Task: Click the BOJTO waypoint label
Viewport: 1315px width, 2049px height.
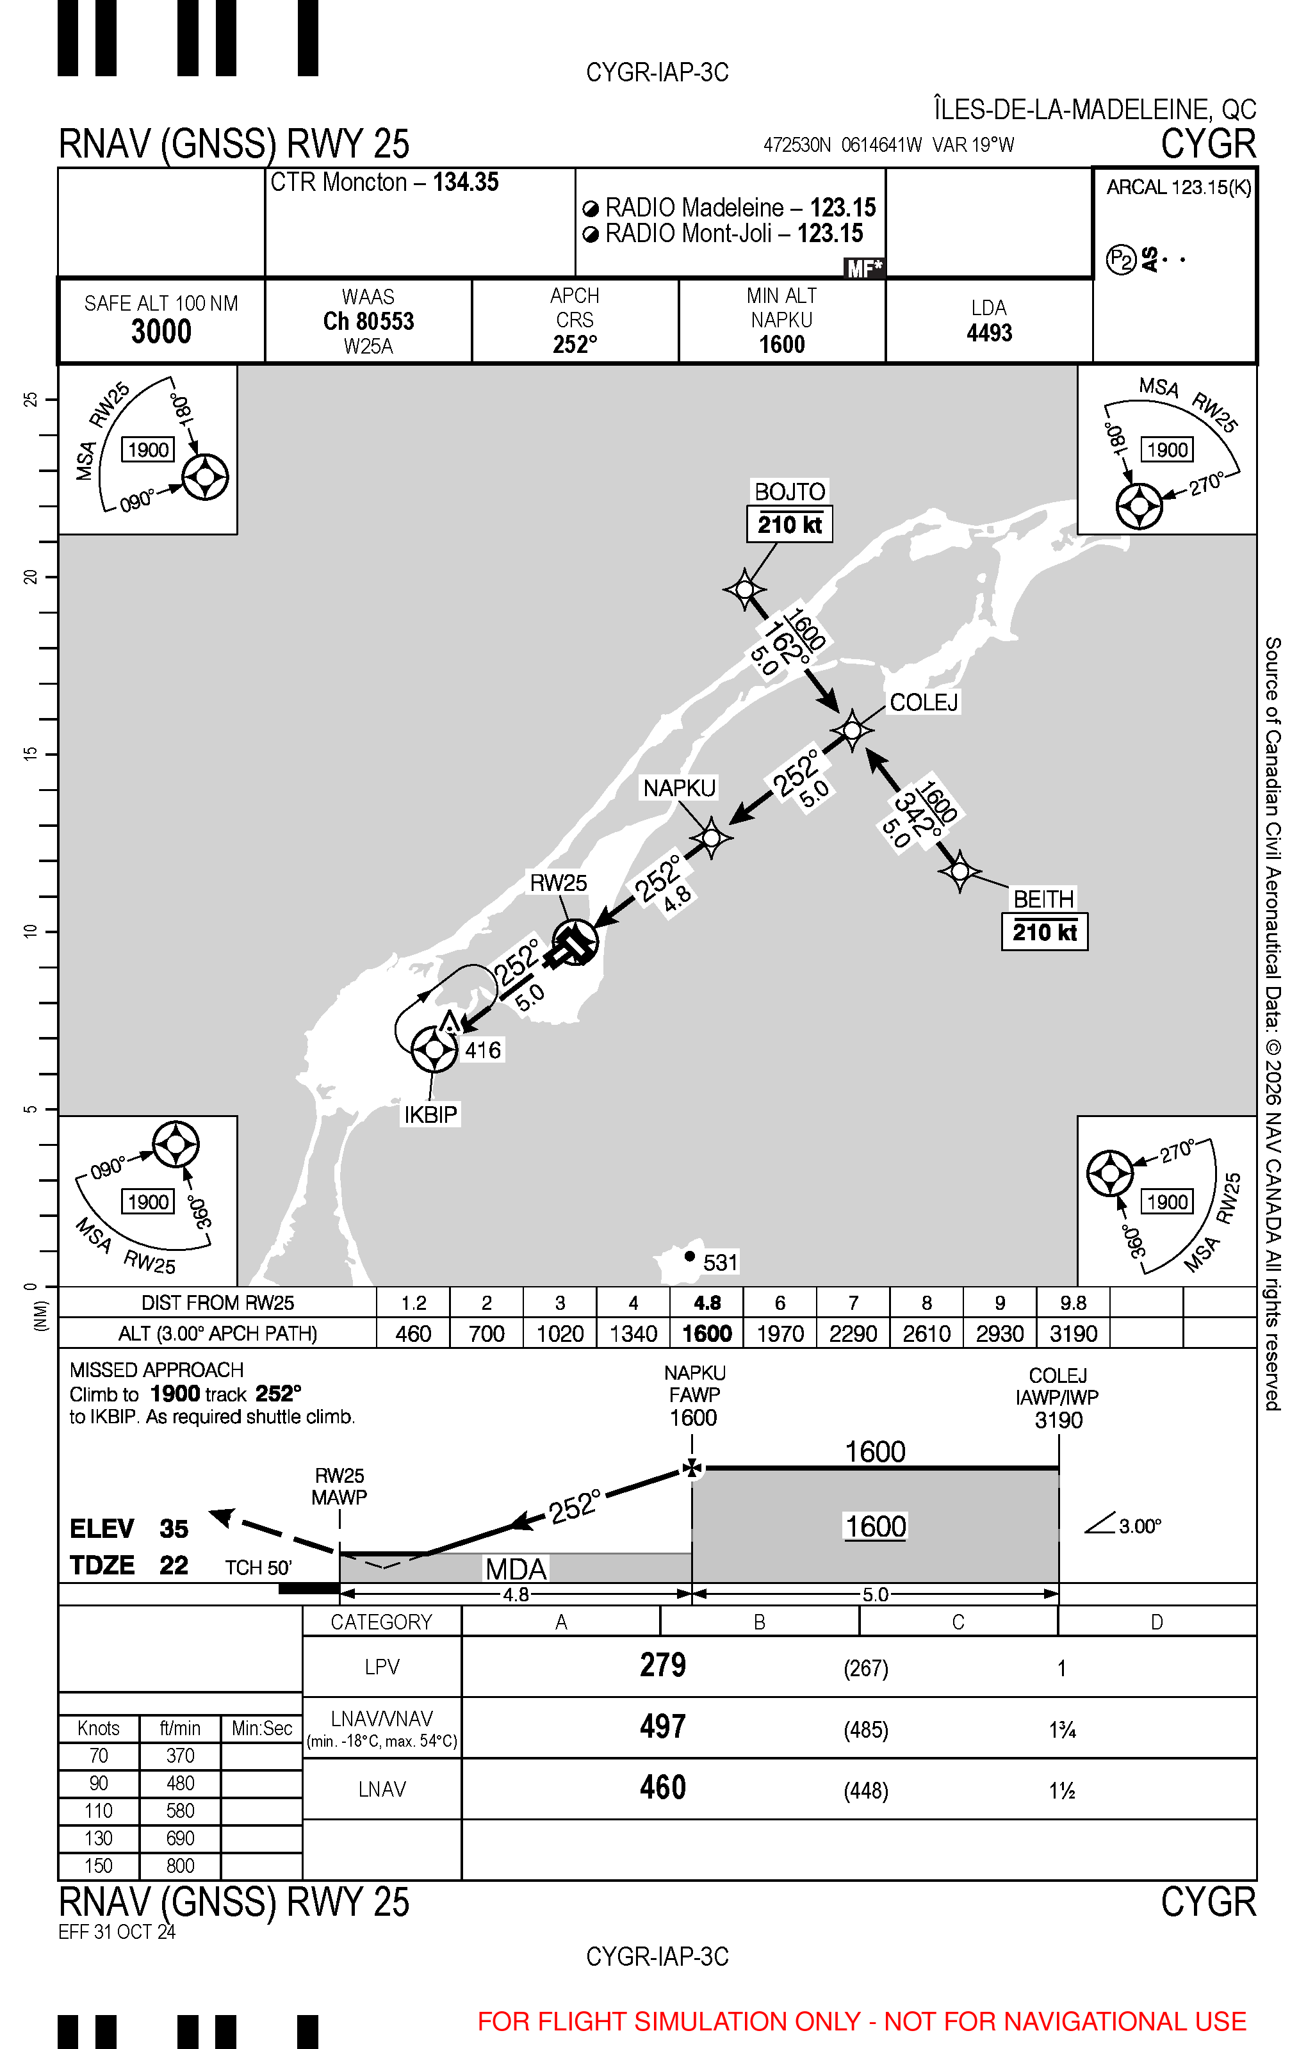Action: [x=790, y=492]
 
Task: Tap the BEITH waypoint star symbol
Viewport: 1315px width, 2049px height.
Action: [x=960, y=871]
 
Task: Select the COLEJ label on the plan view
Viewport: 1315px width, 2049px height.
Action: [x=924, y=702]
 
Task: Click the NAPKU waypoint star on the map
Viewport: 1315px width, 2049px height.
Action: [x=710, y=838]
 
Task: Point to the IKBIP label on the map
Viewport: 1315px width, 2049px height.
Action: [x=430, y=1114]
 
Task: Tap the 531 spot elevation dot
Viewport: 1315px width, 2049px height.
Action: [x=690, y=1256]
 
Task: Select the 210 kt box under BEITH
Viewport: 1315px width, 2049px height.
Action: [x=1044, y=931]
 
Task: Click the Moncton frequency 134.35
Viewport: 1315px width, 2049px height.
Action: [x=466, y=182]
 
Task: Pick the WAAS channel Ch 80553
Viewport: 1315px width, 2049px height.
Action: [x=368, y=321]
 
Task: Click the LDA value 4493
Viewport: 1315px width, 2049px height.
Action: [x=989, y=333]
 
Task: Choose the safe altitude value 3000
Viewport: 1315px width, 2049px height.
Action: [x=161, y=331]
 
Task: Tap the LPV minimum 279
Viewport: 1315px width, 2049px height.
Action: [x=662, y=1666]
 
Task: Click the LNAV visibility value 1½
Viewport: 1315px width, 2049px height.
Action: [x=1061, y=1790]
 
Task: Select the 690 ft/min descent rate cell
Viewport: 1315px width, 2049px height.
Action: [x=180, y=1838]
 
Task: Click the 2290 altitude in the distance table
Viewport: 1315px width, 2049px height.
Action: [x=853, y=1334]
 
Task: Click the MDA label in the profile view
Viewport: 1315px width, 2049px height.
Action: [x=516, y=1569]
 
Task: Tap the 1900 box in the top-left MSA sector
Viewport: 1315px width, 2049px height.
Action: [x=148, y=449]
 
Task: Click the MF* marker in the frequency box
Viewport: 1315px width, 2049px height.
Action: [x=864, y=268]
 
